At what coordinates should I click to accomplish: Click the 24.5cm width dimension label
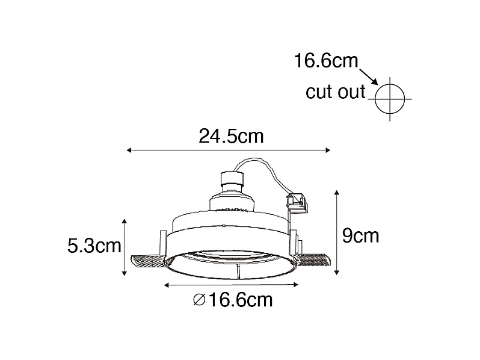[231, 136]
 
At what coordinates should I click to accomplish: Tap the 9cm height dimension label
[360, 235]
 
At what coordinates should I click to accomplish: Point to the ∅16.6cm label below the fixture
[233, 299]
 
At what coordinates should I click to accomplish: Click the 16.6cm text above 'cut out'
[325, 61]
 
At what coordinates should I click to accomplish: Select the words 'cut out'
[336, 92]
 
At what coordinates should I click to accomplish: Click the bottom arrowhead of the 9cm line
[336, 273]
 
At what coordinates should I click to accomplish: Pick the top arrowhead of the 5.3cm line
[124, 221]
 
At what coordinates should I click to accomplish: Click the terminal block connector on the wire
[298, 201]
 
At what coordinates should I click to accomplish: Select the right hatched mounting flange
[313, 261]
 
